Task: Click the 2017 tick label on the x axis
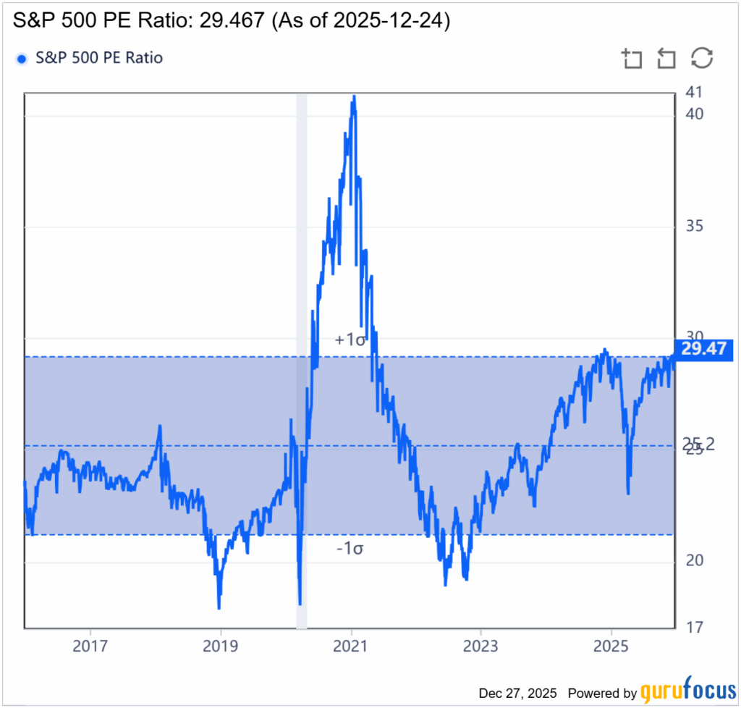[x=90, y=645]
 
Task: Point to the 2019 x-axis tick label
[x=221, y=645]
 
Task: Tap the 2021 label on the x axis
[x=351, y=645]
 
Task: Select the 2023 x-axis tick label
[x=480, y=645]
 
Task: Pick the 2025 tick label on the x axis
[x=611, y=645]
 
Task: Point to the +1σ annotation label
[x=350, y=339]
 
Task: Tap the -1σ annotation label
[x=350, y=548]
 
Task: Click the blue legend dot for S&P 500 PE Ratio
[x=22, y=59]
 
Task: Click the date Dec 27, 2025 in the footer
[x=520, y=693]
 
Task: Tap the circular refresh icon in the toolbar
[x=702, y=59]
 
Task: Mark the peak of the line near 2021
[x=354, y=96]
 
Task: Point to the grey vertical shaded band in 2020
[x=302, y=362]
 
